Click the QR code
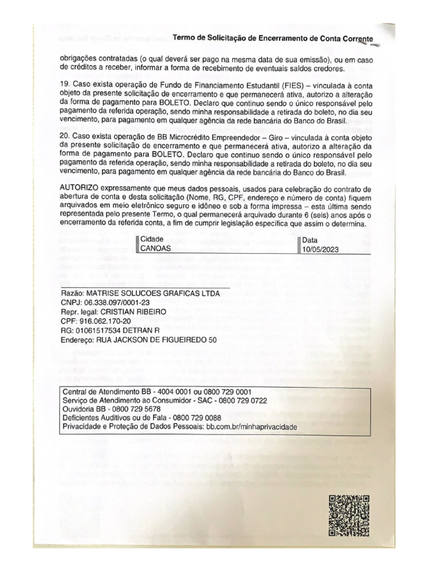(349, 515)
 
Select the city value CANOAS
(156, 249)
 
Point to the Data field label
(310, 240)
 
